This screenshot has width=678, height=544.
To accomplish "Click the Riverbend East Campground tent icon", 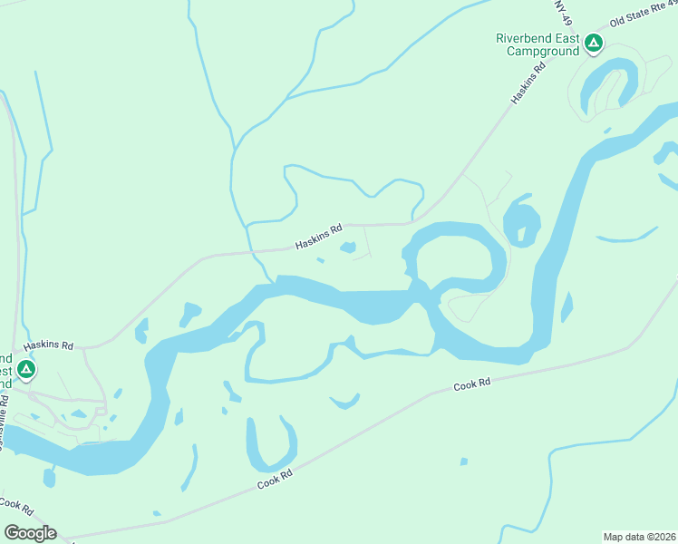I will coord(594,43).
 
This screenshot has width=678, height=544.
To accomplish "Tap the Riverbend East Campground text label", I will coord(538,44).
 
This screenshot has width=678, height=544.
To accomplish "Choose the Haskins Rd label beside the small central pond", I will coord(317,239).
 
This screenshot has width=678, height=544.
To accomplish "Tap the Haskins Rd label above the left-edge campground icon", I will coord(47,346).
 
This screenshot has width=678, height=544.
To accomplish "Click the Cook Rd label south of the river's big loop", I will coord(471,385).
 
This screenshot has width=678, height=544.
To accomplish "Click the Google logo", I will coord(30,533).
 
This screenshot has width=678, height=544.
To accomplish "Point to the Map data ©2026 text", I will coord(638,536).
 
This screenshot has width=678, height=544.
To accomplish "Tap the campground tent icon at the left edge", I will coord(26,370).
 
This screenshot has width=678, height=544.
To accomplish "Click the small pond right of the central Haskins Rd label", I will coord(348,247).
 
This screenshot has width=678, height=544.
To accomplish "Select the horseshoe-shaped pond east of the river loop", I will coord(522,220).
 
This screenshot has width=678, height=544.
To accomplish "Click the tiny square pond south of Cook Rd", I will coord(464,461).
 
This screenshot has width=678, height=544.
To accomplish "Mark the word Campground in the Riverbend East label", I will coord(542,52).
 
